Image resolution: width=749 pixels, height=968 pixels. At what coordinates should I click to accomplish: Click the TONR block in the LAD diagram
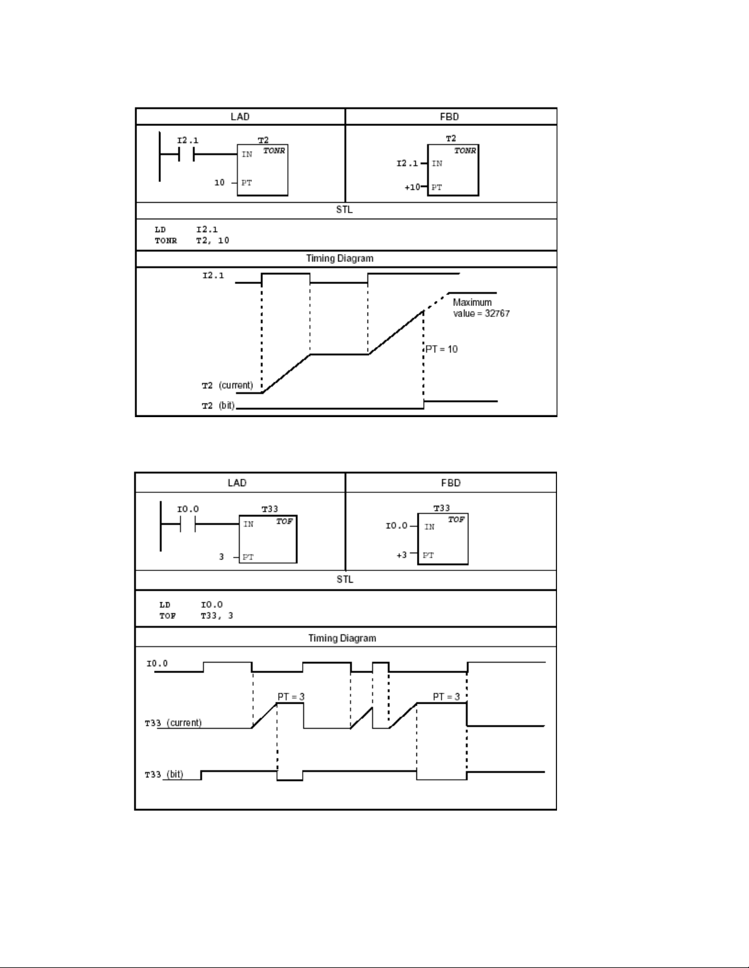[262, 170]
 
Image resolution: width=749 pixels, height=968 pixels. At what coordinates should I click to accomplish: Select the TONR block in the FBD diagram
[453, 170]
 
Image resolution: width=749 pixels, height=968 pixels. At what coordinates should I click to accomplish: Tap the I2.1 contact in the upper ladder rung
[186, 155]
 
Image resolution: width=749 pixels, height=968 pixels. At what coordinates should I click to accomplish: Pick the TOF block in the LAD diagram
[268, 539]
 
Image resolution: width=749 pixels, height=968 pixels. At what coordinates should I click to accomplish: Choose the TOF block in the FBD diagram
[443, 539]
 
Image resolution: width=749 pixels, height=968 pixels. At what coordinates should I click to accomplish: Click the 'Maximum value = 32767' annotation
[482, 308]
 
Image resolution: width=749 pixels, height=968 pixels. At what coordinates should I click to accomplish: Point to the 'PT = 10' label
[441, 349]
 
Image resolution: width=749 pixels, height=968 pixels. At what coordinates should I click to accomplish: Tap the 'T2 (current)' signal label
[227, 385]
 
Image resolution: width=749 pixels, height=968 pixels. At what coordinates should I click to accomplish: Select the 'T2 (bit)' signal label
[218, 406]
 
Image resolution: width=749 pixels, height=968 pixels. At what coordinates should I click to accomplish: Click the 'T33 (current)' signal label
[173, 722]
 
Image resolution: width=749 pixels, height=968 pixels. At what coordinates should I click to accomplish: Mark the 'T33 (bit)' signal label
[164, 774]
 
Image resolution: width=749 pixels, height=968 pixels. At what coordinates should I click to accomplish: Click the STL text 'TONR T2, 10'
[192, 241]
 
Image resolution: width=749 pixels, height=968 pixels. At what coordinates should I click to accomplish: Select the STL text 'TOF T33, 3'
[196, 616]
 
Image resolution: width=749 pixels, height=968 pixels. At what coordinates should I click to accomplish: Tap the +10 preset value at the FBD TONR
[412, 187]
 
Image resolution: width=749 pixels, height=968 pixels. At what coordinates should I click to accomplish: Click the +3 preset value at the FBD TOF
[401, 555]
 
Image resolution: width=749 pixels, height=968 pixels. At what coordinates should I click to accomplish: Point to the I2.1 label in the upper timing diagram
[213, 276]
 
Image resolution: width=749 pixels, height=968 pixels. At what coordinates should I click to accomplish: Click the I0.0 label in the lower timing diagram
[157, 664]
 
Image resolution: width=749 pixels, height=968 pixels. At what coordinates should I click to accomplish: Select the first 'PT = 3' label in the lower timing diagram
[291, 697]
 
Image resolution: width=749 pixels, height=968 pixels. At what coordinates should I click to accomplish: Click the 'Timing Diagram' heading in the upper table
[340, 258]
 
